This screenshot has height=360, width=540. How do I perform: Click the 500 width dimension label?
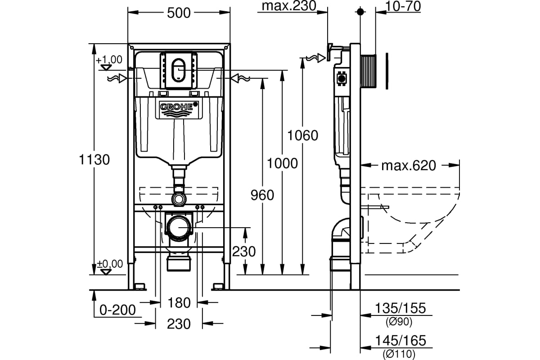point(179,13)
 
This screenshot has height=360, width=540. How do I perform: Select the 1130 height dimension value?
point(94,160)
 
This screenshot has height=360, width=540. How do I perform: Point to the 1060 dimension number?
point(303,135)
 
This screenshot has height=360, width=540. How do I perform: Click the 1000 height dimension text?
point(282,163)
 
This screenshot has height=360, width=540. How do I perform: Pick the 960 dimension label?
point(262,195)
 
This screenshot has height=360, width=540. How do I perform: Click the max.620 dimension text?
point(409,166)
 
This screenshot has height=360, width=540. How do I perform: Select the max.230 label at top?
point(289,6)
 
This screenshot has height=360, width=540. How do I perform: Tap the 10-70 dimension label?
point(403,6)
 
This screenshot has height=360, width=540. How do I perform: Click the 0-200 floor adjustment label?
point(117,310)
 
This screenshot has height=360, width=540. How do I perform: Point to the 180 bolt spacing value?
point(179,303)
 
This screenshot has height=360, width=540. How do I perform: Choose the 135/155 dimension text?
point(400,308)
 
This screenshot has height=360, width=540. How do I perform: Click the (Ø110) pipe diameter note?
point(399,354)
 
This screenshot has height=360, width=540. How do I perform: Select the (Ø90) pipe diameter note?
point(399,322)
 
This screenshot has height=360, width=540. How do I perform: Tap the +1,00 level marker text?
point(109,59)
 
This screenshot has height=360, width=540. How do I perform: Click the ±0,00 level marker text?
point(110,264)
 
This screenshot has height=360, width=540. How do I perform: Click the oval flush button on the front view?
point(178,69)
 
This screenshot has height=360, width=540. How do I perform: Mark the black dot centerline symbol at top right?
point(360,11)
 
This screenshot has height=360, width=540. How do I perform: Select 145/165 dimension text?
point(400,341)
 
